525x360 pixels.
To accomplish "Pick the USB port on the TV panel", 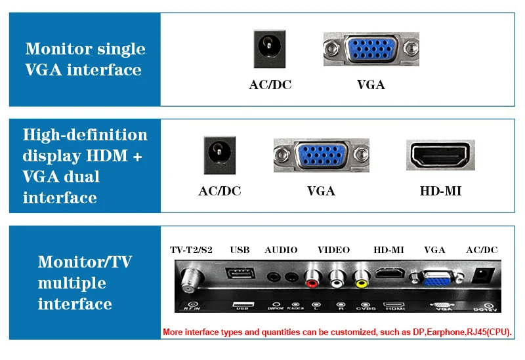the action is (x=240, y=276).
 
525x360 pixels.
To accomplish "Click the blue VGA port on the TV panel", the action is (x=434, y=277).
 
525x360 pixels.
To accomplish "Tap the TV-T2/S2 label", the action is (x=192, y=250).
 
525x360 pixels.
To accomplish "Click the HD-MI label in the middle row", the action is (x=440, y=191).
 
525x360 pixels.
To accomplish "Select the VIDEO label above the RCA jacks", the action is (x=333, y=250).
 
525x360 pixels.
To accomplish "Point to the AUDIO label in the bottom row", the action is (x=281, y=250).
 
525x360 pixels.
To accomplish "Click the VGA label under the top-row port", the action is (x=371, y=85).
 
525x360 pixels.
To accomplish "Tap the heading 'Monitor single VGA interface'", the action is (x=85, y=59).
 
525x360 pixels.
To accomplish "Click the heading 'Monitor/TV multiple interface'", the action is (x=85, y=283).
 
